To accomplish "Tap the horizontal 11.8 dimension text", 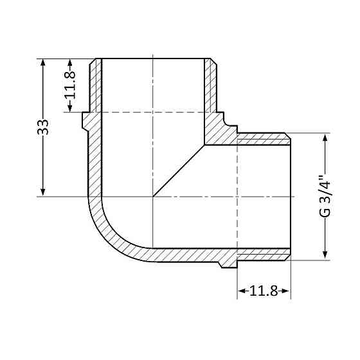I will pyautogui.click(x=263, y=292).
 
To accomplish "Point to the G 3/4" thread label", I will pyautogui.click(x=325, y=196).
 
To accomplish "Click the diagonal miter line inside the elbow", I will pyautogui.click(x=179, y=170).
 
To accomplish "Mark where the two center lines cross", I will pyautogui.click(x=152, y=196).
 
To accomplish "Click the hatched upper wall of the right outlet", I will pyautogui.click(x=264, y=138).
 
